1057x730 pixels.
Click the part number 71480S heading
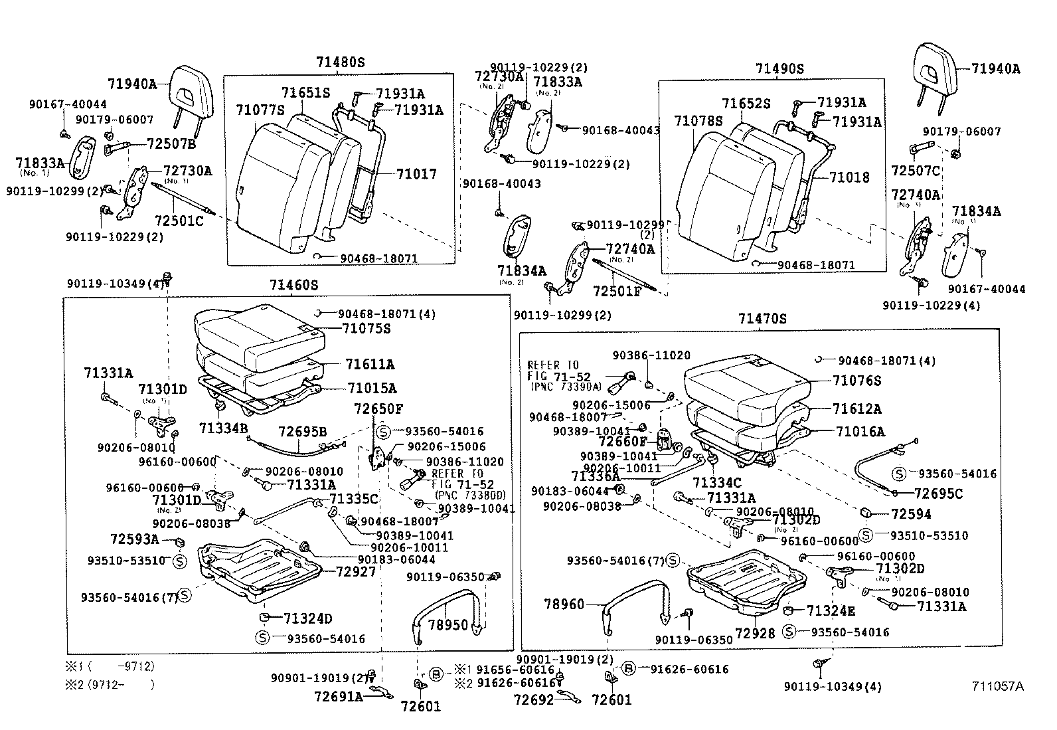pos(340,62)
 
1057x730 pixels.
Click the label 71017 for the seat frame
pos(416,174)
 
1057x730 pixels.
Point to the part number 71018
pos(849,177)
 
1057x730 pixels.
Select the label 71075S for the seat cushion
pos(366,329)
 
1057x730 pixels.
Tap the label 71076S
pos(858,381)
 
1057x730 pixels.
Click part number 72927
pos(356,571)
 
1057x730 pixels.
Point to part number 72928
pos(755,634)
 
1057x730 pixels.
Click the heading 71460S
pos(293,286)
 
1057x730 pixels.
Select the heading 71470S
pos(762,319)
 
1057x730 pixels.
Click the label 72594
pos(911,514)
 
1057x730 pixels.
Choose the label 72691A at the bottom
pos(339,697)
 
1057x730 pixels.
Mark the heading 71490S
pos(779,68)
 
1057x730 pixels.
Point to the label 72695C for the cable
pos(937,494)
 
